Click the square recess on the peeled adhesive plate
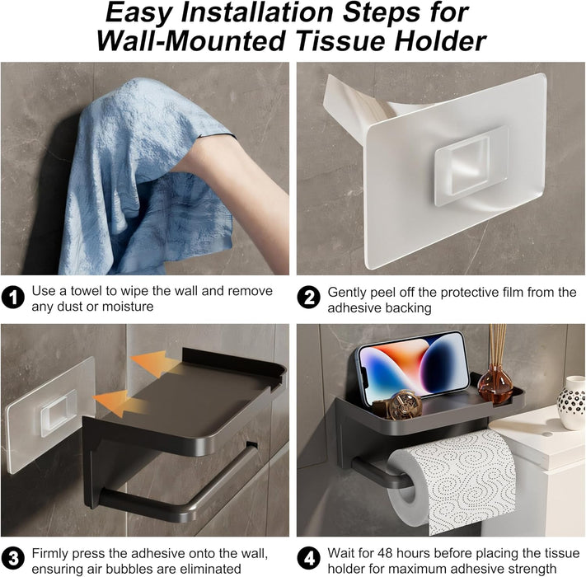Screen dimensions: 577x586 (x=466, y=165)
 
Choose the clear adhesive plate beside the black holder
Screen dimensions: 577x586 (x=48, y=412)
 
